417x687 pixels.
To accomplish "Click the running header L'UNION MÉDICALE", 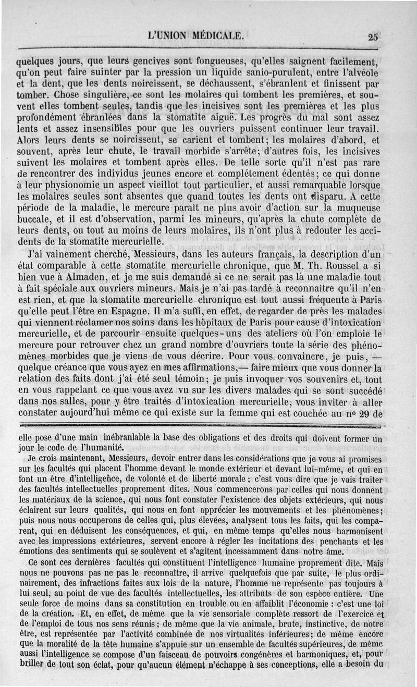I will [x=196, y=36].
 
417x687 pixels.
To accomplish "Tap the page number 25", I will [x=373, y=37].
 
